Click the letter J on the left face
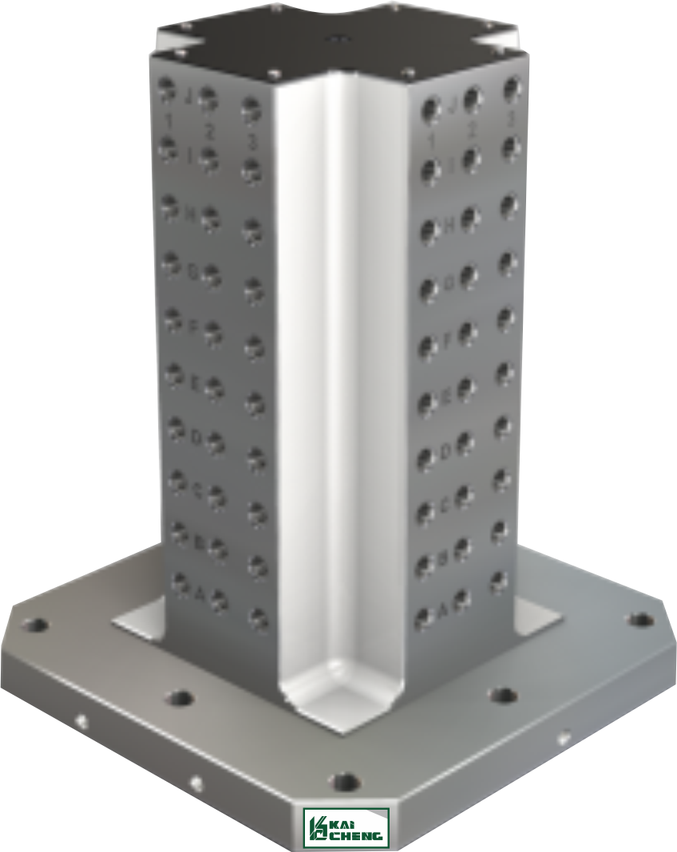click(x=188, y=97)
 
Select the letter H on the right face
click(x=449, y=226)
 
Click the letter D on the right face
click(x=446, y=452)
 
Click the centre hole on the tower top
click(x=337, y=37)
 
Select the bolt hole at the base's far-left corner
click(x=34, y=624)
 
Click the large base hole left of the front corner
click(x=181, y=699)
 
